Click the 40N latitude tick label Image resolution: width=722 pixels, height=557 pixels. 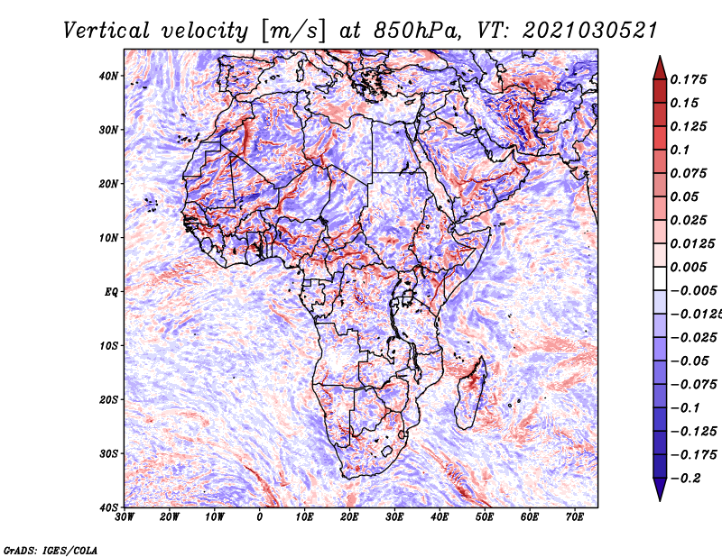[108, 76]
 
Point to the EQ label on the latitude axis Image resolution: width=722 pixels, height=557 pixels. [111, 292]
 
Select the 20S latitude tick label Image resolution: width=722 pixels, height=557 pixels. [108, 399]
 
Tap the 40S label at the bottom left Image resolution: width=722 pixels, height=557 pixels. [108, 507]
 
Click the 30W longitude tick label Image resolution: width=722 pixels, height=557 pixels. [125, 517]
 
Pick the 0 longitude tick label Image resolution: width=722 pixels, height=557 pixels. [260, 517]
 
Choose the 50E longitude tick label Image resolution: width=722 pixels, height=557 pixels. [485, 517]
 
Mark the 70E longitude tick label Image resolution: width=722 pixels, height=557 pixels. [575, 517]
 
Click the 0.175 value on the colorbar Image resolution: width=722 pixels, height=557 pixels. [688, 79]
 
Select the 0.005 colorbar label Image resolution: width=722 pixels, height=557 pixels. [688, 267]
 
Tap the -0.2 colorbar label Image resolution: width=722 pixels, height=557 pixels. [685, 479]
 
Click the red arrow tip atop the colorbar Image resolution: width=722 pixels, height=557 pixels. [660, 57]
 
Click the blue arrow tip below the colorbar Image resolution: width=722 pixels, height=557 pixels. [660, 500]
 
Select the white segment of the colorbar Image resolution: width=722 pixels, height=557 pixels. [660, 278]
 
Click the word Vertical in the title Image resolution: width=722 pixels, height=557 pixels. [106, 32]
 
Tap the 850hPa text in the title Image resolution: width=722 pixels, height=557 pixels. [417, 32]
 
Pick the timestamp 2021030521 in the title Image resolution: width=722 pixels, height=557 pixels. [589, 32]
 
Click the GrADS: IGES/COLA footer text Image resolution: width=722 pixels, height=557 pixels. [51, 551]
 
